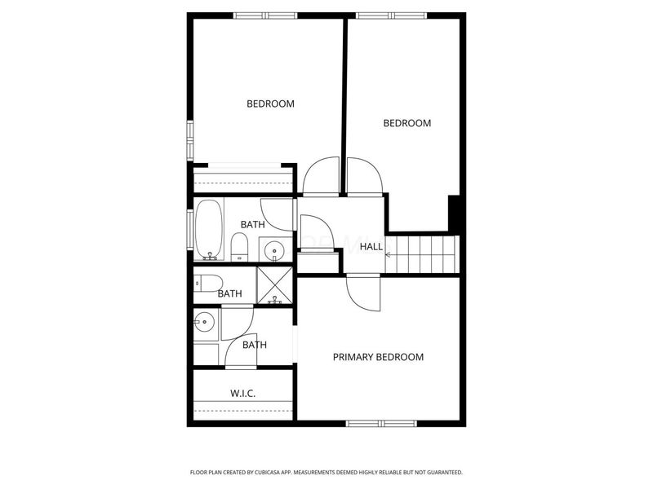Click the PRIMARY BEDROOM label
378,357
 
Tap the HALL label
371,246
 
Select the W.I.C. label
242,394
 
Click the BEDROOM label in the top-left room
270,104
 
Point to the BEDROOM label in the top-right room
406,123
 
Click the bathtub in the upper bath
210,230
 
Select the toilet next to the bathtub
239,247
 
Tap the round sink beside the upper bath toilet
272,249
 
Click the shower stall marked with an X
274,284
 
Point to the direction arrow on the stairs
388,254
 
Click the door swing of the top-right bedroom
363,176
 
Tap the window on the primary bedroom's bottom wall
381,424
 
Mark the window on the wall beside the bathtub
190,231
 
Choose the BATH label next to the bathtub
252,224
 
